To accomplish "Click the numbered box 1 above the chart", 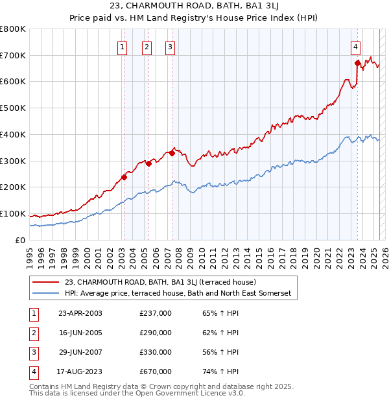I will click(123, 46).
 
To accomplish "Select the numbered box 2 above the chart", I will click(147, 46).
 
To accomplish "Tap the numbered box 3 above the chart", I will click(170, 46).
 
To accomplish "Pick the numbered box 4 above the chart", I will click(356, 46).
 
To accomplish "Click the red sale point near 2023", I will click(357, 63).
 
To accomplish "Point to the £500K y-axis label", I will click(12, 108).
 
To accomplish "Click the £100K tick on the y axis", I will click(12, 213).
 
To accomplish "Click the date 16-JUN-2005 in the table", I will click(80, 333).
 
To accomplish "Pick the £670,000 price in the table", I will click(156, 372).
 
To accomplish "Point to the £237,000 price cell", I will click(156, 313).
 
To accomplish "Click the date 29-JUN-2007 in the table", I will click(80, 352).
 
